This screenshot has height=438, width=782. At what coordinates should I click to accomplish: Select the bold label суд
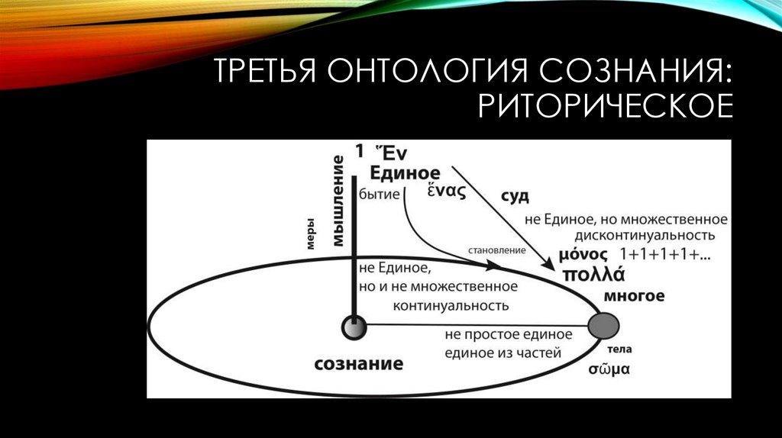[x=515, y=196]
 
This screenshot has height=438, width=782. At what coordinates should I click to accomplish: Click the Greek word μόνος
[x=583, y=254]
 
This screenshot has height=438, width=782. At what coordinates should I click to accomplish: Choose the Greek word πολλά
[x=594, y=275]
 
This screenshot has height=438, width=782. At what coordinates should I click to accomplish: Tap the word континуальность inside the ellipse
[x=451, y=305]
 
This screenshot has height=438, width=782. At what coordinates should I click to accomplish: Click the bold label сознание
[x=358, y=363]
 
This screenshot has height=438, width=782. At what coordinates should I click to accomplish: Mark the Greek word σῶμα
[x=608, y=369]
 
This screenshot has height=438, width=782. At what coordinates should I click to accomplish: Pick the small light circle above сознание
[x=354, y=328]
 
